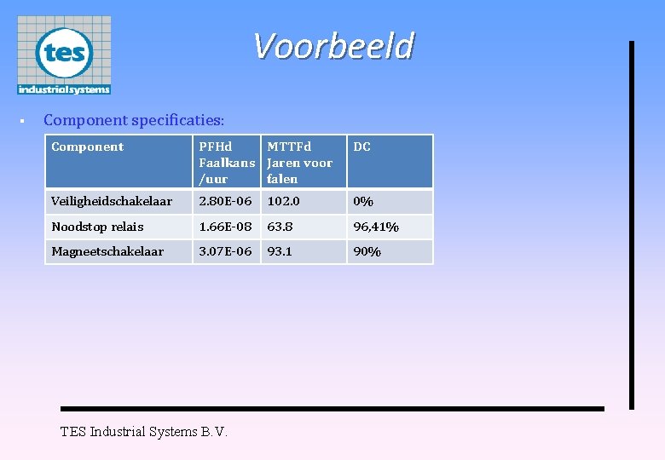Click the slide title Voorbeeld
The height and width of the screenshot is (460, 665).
click(333, 46)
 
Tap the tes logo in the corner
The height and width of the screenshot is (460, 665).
click(64, 55)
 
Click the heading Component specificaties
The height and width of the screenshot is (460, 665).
click(134, 120)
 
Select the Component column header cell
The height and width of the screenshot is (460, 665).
click(88, 147)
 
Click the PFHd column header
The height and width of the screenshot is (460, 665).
click(226, 162)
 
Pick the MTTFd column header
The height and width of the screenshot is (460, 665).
click(299, 162)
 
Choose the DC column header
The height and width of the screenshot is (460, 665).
click(362, 147)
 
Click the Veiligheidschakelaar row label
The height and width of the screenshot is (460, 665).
click(112, 202)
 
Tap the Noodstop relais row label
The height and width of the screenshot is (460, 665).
click(97, 227)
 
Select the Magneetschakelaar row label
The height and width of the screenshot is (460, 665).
click(107, 251)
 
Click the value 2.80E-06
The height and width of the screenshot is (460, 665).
click(225, 202)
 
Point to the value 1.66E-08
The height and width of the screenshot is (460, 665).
click(225, 227)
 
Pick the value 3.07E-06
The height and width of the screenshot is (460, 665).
click(225, 251)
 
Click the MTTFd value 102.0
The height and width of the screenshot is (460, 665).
click(283, 202)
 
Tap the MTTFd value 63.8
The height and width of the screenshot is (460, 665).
click(280, 227)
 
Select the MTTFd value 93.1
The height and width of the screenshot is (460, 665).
click(280, 251)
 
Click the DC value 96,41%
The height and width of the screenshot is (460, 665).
click(376, 227)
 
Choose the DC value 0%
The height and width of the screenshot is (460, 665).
click(363, 202)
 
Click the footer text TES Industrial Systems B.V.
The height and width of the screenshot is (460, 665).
click(144, 432)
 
